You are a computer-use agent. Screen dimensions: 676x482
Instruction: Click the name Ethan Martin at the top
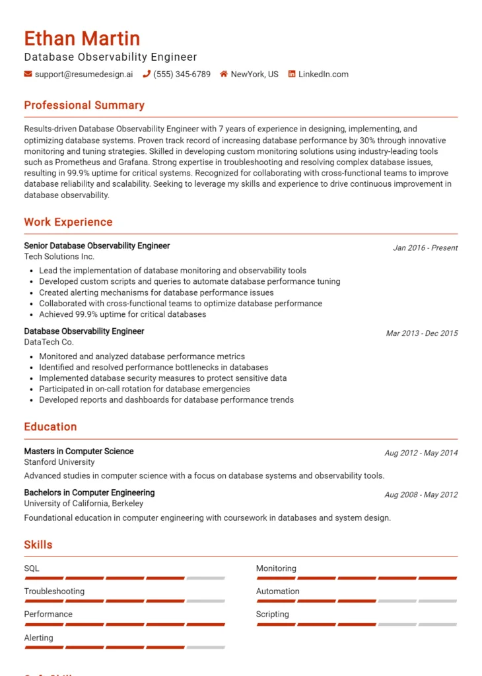click(82, 38)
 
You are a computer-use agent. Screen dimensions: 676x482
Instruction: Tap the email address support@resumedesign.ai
click(83, 75)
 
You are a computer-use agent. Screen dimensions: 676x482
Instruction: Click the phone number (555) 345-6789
click(182, 75)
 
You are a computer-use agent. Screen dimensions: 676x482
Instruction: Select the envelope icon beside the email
click(28, 75)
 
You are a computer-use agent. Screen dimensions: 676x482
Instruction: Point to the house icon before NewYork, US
click(224, 75)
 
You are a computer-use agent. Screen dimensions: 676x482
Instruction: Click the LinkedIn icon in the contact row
click(292, 75)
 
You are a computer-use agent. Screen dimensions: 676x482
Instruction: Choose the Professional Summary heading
click(84, 106)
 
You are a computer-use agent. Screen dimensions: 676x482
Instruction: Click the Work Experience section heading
click(68, 222)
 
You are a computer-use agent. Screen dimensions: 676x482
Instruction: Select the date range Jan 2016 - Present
click(425, 248)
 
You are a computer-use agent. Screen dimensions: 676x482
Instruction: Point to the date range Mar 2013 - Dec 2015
click(421, 333)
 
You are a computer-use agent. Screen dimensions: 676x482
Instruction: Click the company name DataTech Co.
click(49, 343)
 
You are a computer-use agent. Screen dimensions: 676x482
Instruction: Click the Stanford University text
click(59, 462)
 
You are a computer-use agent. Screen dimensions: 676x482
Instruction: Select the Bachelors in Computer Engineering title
click(89, 492)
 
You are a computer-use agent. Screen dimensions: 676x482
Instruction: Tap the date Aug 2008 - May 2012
click(421, 494)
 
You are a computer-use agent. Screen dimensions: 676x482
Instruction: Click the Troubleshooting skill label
click(54, 591)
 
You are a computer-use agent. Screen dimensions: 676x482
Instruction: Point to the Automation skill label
click(277, 591)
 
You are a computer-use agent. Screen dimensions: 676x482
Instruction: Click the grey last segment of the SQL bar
click(205, 578)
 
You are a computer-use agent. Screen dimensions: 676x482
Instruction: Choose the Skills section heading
click(38, 545)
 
